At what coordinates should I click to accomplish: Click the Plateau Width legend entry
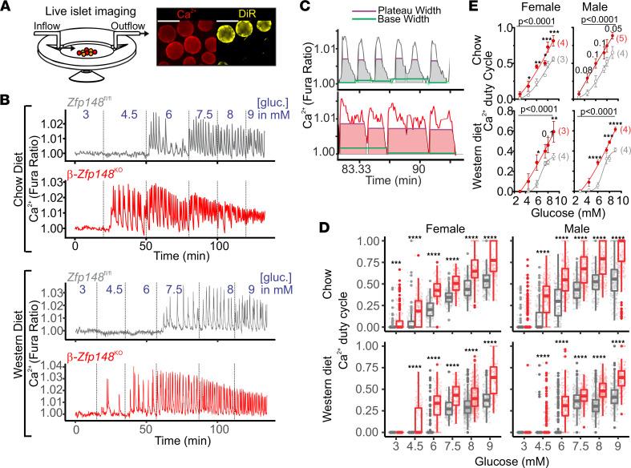(389, 10)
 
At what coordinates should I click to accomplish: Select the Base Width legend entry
(385, 20)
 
